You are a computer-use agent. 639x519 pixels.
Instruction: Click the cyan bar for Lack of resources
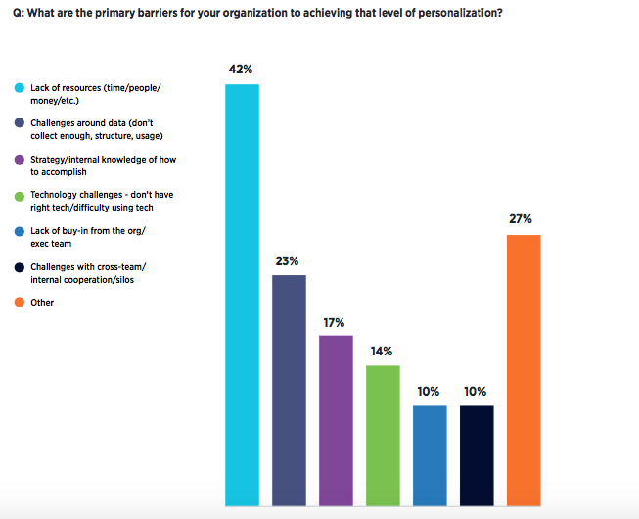click(x=242, y=295)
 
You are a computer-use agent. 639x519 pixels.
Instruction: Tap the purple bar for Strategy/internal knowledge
click(x=336, y=420)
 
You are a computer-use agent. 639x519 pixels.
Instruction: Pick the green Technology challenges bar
click(x=383, y=435)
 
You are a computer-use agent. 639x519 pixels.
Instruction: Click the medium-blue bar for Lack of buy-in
click(x=430, y=455)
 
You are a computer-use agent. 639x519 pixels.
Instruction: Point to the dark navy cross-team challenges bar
click(x=477, y=455)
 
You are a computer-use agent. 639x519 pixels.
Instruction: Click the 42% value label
click(x=242, y=70)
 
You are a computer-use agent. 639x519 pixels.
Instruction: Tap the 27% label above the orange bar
click(x=521, y=219)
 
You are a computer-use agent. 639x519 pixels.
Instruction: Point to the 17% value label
click(x=335, y=321)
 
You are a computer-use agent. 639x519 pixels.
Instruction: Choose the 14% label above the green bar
click(x=382, y=351)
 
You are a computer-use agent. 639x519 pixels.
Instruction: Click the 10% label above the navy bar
click(x=477, y=391)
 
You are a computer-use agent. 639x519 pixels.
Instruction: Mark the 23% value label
click(x=288, y=261)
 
